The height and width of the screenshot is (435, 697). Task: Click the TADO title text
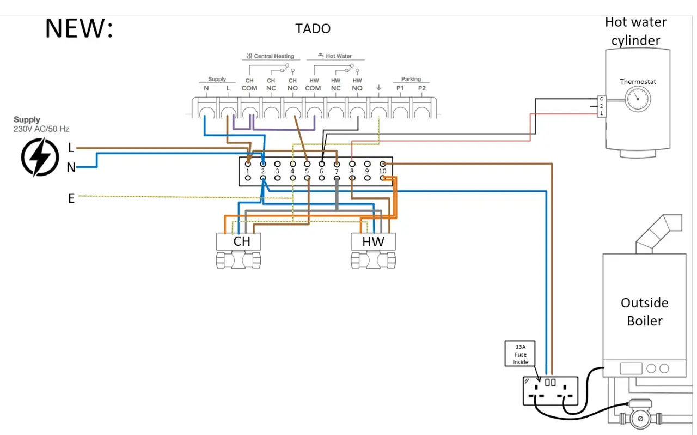[313, 29]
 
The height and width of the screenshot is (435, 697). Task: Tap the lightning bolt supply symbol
[40, 158]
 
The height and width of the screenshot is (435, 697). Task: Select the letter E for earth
[71, 198]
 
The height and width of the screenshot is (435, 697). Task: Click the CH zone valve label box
[239, 241]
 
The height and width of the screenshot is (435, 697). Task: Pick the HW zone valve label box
[373, 242]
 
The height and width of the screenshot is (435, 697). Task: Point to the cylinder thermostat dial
[638, 99]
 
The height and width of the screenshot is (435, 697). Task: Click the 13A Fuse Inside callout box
[520, 354]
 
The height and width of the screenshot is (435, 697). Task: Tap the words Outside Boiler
[644, 312]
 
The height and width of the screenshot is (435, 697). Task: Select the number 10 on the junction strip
[382, 171]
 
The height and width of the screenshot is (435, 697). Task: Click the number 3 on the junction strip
[277, 171]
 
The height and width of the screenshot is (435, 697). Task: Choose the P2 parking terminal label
[421, 88]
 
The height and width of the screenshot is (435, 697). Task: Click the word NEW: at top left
[79, 28]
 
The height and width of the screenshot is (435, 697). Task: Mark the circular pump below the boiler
[640, 419]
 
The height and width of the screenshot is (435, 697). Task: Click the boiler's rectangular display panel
[631, 368]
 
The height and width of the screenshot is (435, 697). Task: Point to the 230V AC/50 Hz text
[41, 129]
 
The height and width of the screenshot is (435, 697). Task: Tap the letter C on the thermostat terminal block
[601, 99]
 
